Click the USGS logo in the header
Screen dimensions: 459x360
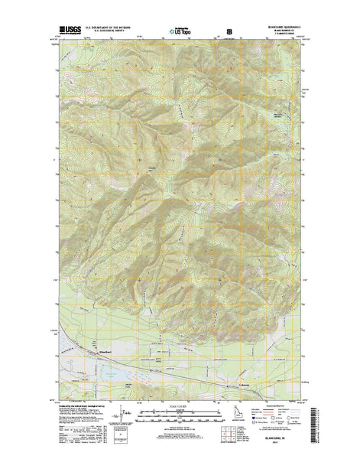pos(67,32)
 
